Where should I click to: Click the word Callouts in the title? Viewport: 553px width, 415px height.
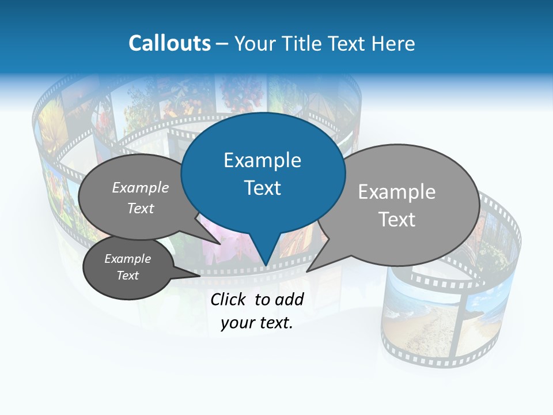point(169,43)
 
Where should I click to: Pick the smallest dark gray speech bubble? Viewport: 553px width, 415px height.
point(128,267)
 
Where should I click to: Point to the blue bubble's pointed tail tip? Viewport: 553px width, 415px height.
point(265,265)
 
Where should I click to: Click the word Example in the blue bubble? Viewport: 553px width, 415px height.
point(262,160)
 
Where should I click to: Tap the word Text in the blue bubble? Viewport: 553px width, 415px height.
point(262,188)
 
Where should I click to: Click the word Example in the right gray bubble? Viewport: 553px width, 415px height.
point(396,192)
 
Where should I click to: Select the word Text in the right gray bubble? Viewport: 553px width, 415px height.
point(397,220)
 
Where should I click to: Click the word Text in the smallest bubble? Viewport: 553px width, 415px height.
point(128,276)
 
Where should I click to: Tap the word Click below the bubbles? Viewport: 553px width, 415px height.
point(230,299)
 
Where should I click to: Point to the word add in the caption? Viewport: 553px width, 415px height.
point(289,299)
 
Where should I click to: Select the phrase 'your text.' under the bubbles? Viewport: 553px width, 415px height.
point(257,323)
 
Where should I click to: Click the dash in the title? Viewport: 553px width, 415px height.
point(223,43)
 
